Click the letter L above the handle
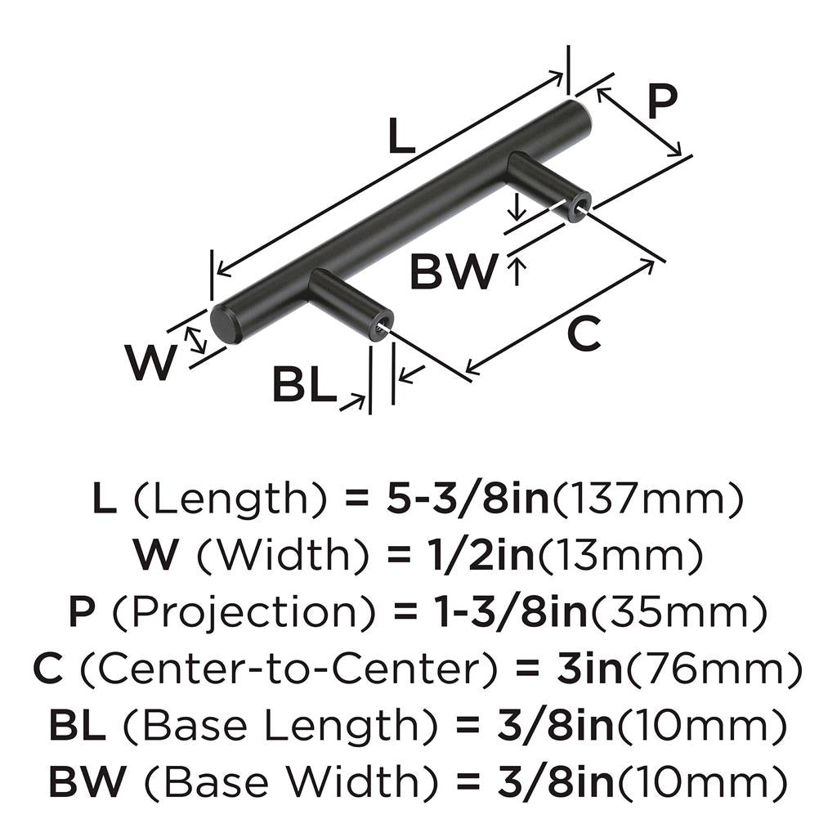pos(401,136)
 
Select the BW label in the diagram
pos(453,271)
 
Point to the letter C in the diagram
pos(584,333)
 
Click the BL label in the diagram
pos(304,383)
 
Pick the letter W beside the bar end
pos(151,362)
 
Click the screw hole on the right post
pos(578,205)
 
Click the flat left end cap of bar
pos(222,323)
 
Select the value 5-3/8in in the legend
pos(468,498)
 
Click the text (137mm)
pos(647,499)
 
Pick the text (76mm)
pos(713,669)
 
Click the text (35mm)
pos(678,613)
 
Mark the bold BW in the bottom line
pos(87,781)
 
